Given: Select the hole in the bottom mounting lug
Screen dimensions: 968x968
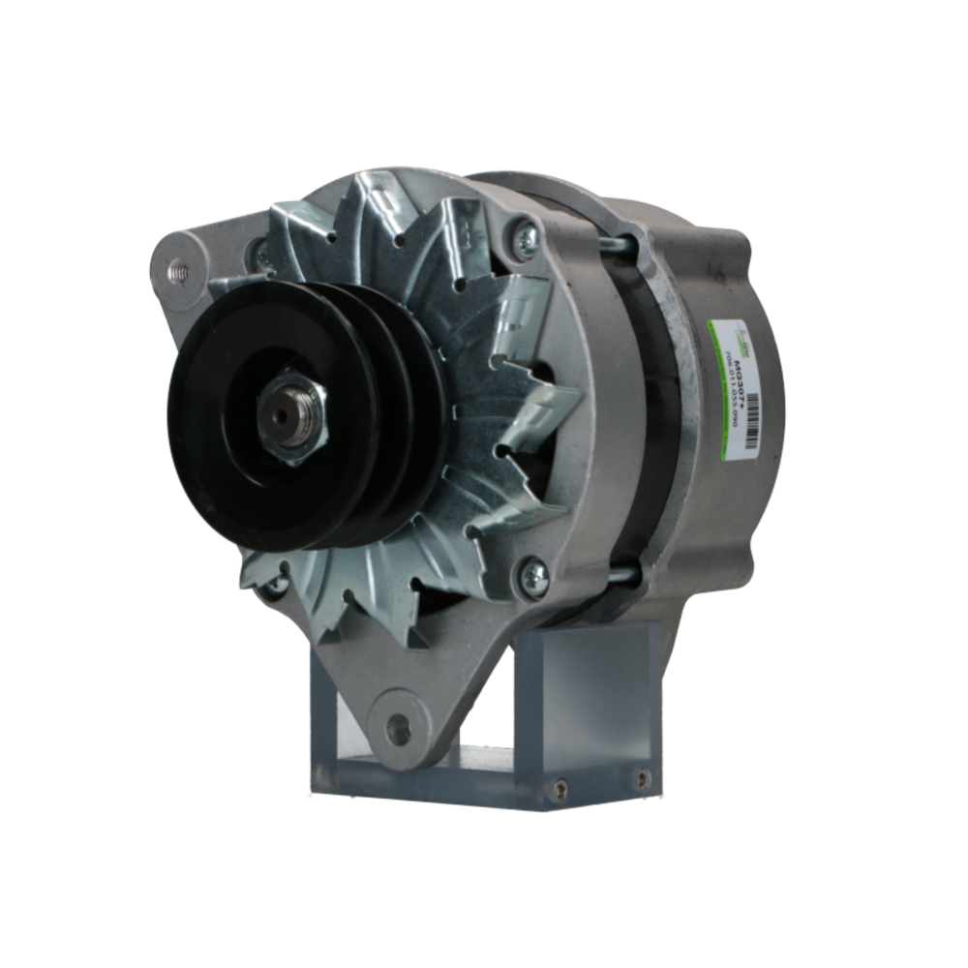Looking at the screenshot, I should [397, 728].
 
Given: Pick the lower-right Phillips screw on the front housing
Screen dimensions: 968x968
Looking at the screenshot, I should [534, 577].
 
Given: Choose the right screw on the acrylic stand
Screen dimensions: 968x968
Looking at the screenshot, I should [641, 777].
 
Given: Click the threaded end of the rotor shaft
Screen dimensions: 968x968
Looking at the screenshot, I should [280, 414].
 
